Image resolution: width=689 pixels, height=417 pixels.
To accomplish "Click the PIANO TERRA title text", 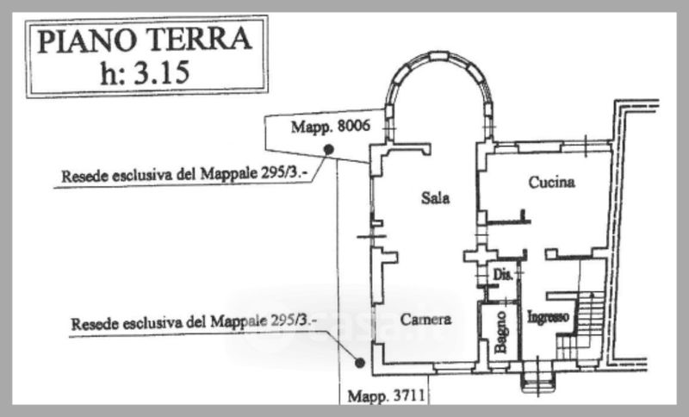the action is coord(145,40).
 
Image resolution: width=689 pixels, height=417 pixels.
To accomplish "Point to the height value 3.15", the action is coord(161,72).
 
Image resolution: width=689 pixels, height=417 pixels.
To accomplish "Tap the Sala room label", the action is coord(435,198).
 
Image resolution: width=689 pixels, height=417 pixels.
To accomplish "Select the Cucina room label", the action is coord(551,182).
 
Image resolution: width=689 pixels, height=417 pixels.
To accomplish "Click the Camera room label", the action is coord(425,319).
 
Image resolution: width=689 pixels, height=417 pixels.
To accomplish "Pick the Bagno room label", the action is coord(500,333).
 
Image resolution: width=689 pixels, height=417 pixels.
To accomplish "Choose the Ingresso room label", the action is coord(548,317).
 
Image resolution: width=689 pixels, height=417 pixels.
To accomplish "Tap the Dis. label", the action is coord(503,275).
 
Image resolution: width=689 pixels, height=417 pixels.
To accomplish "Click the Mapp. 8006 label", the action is coord(331,127).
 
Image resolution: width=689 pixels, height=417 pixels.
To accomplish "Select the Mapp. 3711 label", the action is coord(386,396).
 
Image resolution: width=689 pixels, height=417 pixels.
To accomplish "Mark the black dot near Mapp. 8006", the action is coord(328,150).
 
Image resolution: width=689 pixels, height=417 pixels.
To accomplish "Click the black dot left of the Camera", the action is coord(360,363).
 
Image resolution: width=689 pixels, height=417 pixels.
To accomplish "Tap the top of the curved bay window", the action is coord(439,56).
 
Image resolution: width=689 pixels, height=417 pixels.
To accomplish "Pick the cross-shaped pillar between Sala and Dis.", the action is coord(481,256).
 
